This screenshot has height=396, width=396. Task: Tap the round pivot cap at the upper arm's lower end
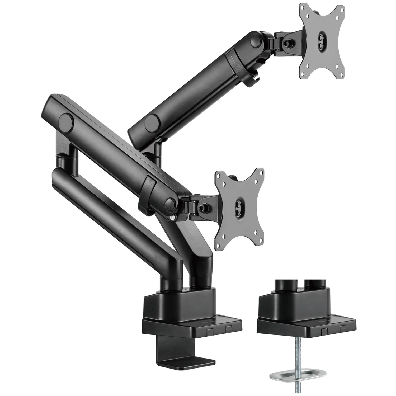pyautogui.click(x=153, y=119)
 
